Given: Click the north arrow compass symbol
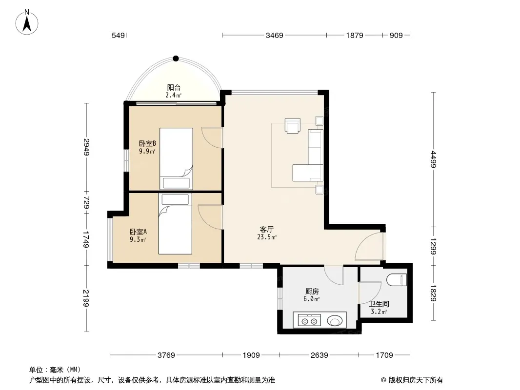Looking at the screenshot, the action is click(x=27, y=22).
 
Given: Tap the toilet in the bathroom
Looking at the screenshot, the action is click(x=397, y=280).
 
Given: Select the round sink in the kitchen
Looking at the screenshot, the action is click(x=335, y=321).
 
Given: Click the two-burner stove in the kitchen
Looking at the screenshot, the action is click(x=309, y=320).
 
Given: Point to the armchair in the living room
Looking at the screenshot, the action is click(x=293, y=126).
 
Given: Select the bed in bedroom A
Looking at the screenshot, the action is click(x=175, y=224).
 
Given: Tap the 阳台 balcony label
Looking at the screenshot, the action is click(x=174, y=87).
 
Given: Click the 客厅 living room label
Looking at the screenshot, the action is click(x=267, y=229).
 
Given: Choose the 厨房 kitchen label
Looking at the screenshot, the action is click(x=312, y=291).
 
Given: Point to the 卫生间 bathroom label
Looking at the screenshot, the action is click(x=379, y=304).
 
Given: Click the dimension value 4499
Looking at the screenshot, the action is click(x=433, y=159).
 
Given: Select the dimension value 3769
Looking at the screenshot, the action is click(x=166, y=355).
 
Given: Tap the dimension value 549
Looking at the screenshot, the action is click(x=118, y=36).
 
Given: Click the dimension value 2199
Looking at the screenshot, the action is click(x=86, y=298).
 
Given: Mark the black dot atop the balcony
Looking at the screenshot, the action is click(x=176, y=58).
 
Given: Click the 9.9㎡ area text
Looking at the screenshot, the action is click(x=147, y=152).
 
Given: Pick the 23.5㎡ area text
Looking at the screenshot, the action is click(x=267, y=237).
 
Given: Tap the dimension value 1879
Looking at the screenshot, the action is click(x=355, y=36).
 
